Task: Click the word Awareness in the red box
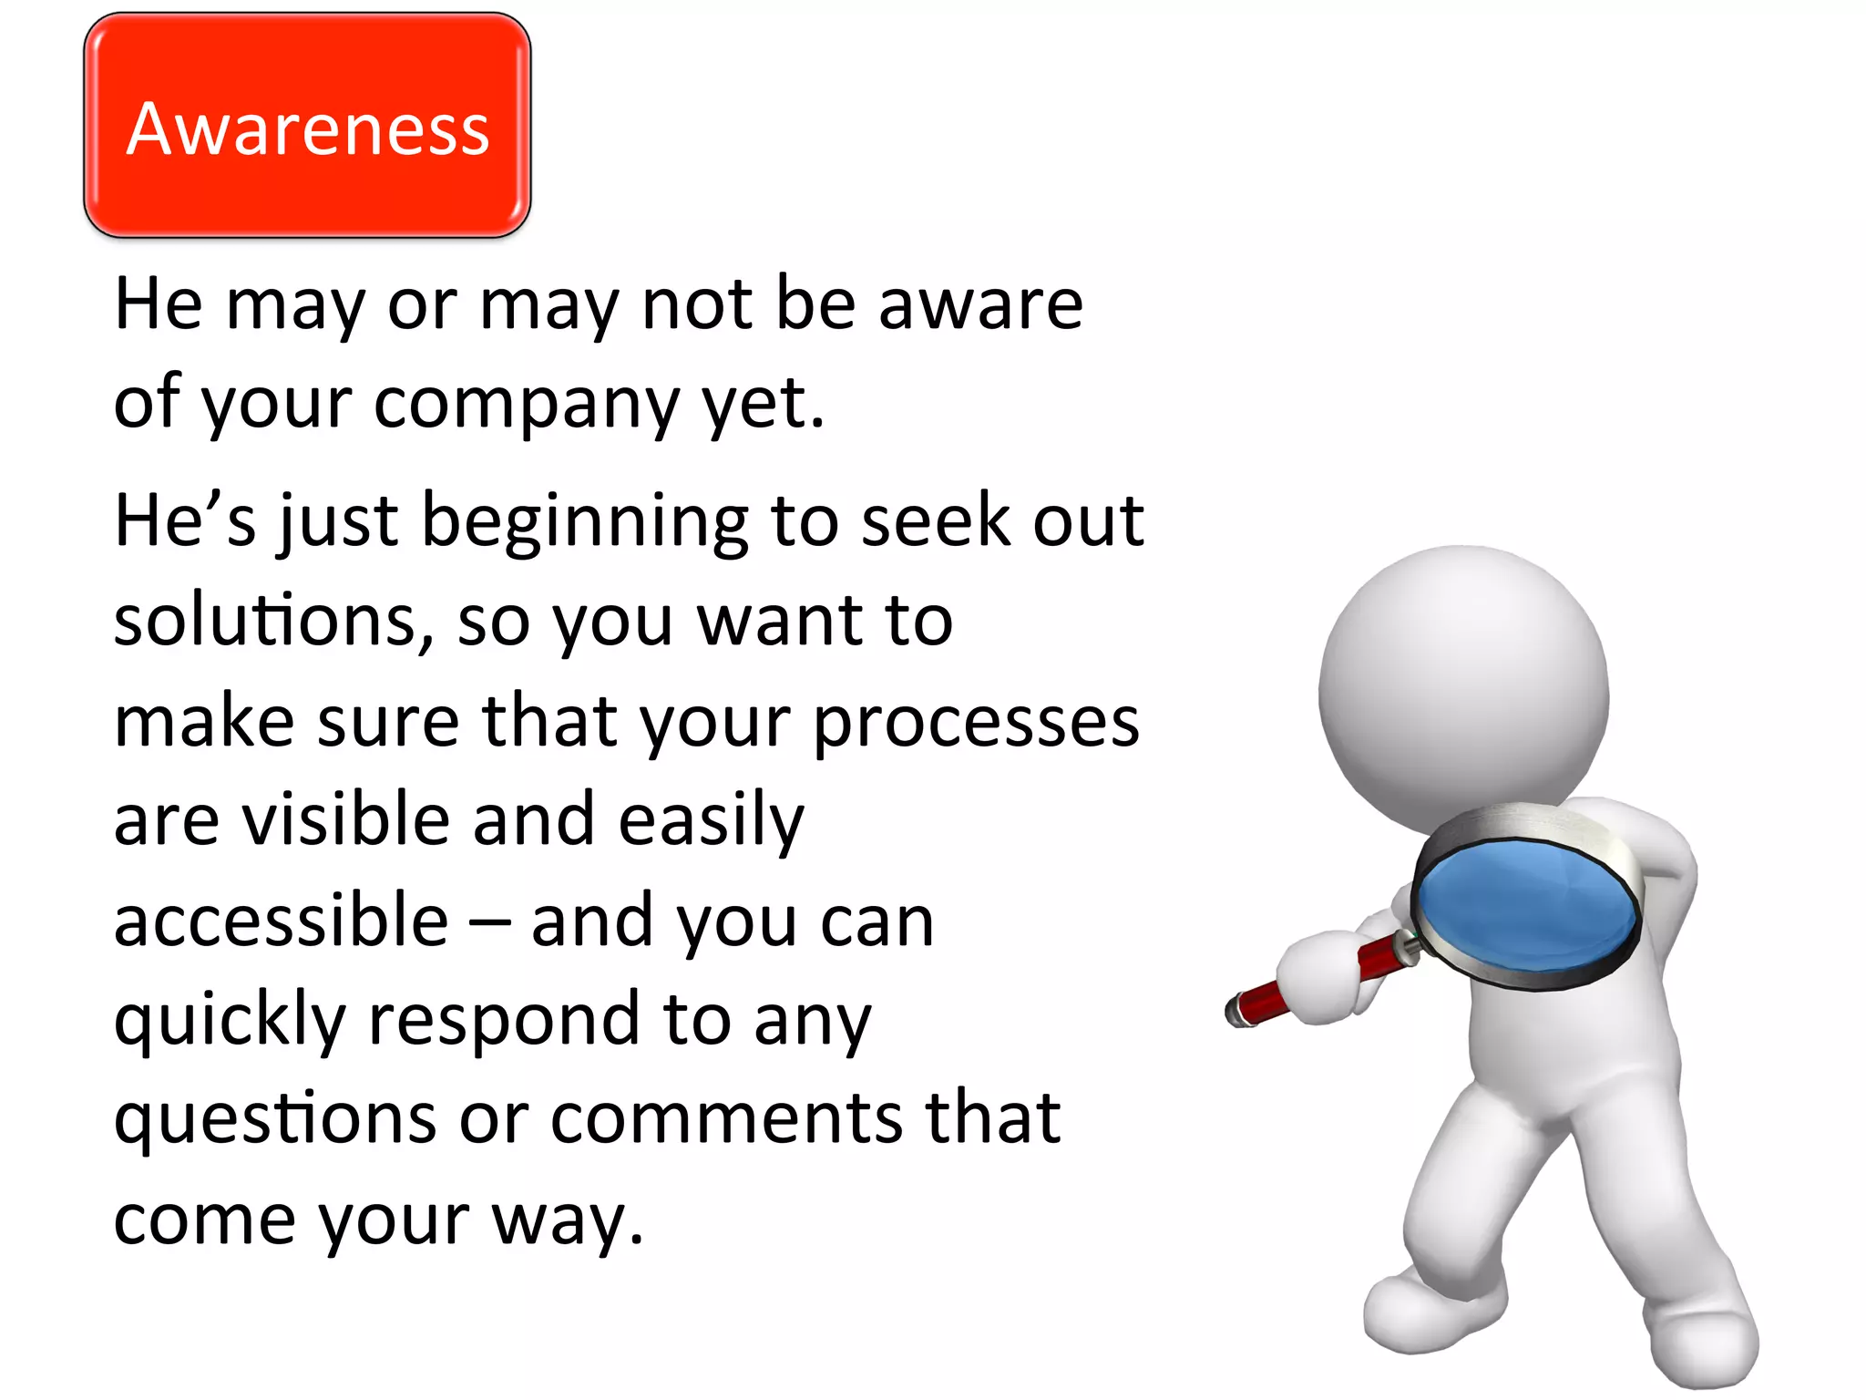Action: pos(308,129)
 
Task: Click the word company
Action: pos(527,403)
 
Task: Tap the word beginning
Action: pos(585,523)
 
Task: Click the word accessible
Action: pos(281,921)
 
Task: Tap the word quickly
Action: pos(229,1020)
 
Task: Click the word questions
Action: pos(274,1119)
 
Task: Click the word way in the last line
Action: pos(567,1220)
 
